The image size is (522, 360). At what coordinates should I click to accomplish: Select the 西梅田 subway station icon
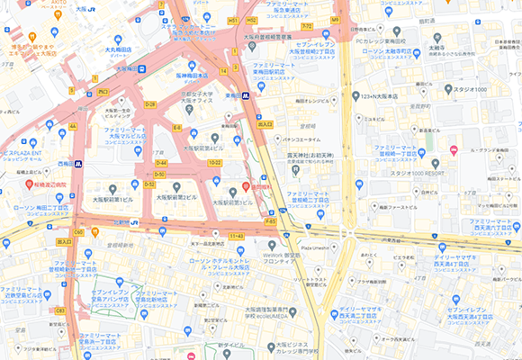(79, 164)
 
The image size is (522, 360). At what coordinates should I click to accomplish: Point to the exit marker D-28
(150, 105)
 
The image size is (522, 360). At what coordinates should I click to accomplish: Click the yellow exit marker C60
(79, 232)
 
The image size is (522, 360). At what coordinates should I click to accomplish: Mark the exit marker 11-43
(237, 236)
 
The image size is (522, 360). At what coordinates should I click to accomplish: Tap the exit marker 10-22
(214, 163)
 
